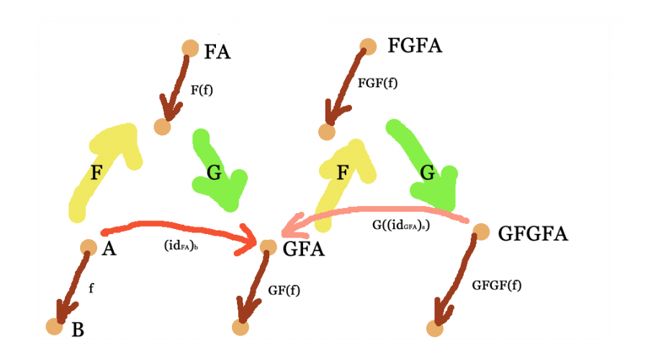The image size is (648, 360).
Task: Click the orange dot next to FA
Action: [189, 48]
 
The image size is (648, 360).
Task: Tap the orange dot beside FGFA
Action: [368, 46]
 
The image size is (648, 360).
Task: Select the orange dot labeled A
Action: [88, 247]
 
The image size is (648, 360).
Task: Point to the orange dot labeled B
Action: [55, 326]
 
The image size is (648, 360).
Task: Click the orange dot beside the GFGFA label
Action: [481, 232]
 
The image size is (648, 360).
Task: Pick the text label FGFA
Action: [415, 47]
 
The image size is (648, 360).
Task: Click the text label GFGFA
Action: [533, 234]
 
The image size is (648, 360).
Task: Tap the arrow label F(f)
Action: [202, 91]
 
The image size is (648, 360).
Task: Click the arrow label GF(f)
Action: [284, 290]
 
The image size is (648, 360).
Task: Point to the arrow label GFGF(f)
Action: [497, 284]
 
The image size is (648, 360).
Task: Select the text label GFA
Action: [303, 250]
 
